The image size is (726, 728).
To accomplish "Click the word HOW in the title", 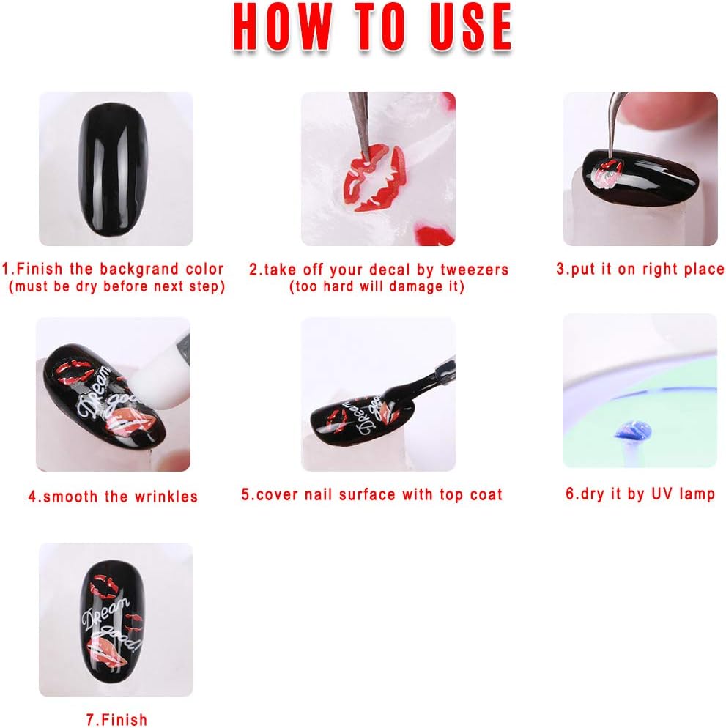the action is tap(282, 26).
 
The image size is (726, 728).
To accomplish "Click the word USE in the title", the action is tap(470, 26).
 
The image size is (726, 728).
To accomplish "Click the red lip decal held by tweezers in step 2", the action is tap(374, 179).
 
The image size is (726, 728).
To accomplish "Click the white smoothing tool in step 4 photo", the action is tap(159, 381).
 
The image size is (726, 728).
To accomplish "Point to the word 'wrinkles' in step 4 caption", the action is tap(166, 497).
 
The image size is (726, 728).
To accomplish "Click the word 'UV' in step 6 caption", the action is tap(662, 494).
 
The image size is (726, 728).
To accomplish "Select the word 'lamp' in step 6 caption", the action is tap(697, 494).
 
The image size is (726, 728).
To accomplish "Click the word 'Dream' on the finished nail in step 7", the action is tap(105, 613).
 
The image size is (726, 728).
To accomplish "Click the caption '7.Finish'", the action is tap(117, 720).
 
